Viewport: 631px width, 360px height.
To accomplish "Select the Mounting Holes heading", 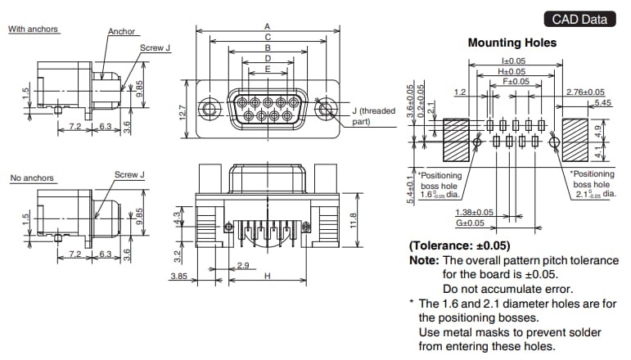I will tap(512, 43).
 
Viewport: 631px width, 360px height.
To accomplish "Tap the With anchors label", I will tap(33, 29).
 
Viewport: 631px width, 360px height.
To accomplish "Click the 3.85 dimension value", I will tap(179, 277).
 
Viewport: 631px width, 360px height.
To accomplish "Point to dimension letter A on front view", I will tap(267, 26).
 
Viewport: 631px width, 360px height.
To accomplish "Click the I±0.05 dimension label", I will tap(513, 61).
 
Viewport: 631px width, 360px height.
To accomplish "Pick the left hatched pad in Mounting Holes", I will tap(455, 140).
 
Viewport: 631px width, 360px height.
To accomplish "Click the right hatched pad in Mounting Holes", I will tap(576, 140).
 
